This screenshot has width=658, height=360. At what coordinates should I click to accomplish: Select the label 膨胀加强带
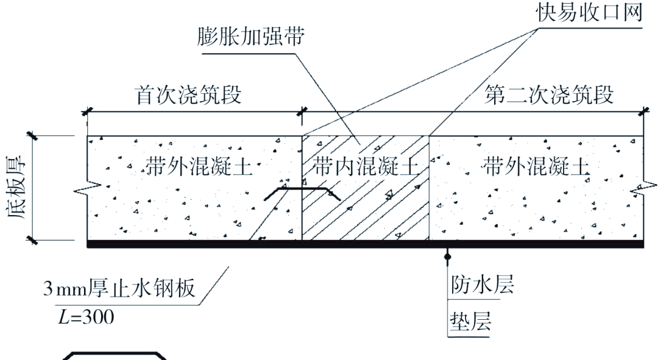250,36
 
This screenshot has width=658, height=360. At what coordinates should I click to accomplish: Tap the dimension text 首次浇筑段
188,95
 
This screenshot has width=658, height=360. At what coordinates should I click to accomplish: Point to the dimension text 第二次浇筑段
549,94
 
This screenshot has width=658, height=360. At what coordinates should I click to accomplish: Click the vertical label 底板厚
16,187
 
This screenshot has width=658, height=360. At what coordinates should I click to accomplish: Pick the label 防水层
482,284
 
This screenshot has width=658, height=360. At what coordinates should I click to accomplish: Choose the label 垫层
470,322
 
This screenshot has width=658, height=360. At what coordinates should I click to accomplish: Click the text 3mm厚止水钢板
119,288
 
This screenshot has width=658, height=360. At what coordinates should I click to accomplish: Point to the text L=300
86,317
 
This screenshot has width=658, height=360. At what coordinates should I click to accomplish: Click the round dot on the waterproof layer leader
448,255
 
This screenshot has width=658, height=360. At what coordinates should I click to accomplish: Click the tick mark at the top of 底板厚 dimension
32,136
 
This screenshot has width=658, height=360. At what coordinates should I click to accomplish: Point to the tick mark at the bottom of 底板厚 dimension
32,241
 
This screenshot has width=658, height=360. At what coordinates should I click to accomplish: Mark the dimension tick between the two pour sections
302,112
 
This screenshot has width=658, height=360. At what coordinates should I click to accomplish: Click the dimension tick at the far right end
644,112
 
